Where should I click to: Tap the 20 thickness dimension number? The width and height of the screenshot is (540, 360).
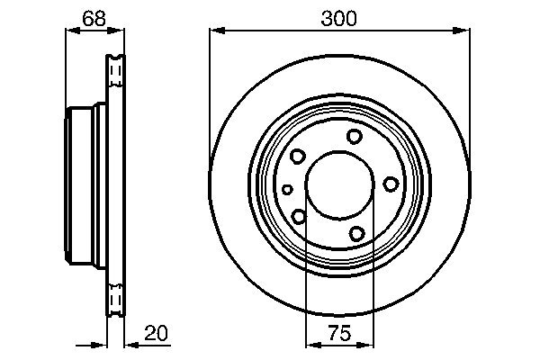[x=156, y=334]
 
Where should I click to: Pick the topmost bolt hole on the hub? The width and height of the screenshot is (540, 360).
[x=355, y=136]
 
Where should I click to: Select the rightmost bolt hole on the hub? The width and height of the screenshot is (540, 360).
[x=391, y=184]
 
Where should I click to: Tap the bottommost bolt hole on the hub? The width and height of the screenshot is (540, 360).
[x=356, y=234]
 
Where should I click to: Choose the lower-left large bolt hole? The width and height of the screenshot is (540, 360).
[x=298, y=215]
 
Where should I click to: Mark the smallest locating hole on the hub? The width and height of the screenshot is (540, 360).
[x=287, y=189]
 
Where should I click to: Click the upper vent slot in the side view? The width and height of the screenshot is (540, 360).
[x=114, y=70]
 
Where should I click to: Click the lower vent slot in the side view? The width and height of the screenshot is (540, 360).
[x=114, y=299]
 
